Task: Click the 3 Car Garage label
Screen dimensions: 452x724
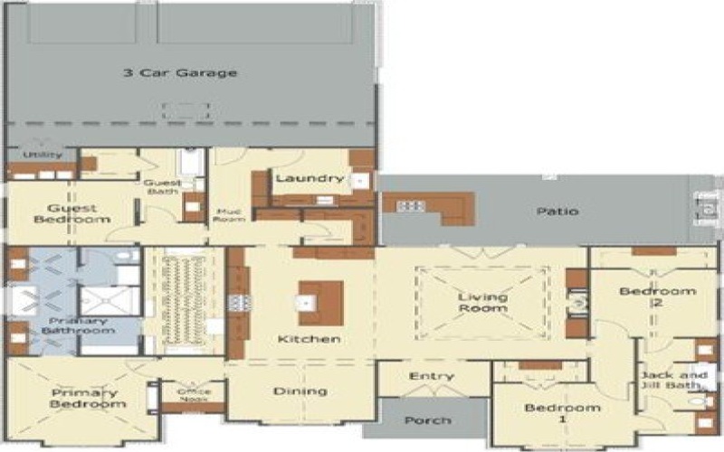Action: pyautogui.click(x=180, y=73)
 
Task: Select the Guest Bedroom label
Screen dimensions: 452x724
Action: pyautogui.click(x=72, y=213)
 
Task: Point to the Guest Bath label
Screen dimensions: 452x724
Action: pyautogui.click(x=163, y=187)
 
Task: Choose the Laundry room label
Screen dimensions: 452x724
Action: pyautogui.click(x=310, y=178)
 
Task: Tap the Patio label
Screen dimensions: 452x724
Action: pyautogui.click(x=557, y=212)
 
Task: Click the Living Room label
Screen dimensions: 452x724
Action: pyautogui.click(x=482, y=303)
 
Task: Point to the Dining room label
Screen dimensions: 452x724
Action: pyautogui.click(x=300, y=391)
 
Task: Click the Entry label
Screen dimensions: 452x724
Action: pyautogui.click(x=431, y=376)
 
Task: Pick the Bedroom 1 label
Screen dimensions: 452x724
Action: pyautogui.click(x=550, y=413)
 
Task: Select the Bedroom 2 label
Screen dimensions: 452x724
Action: pyautogui.click(x=658, y=297)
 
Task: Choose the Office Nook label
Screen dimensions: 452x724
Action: pyautogui.click(x=194, y=394)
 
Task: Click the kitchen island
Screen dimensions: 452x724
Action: pyautogui.click(x=320, y=301)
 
